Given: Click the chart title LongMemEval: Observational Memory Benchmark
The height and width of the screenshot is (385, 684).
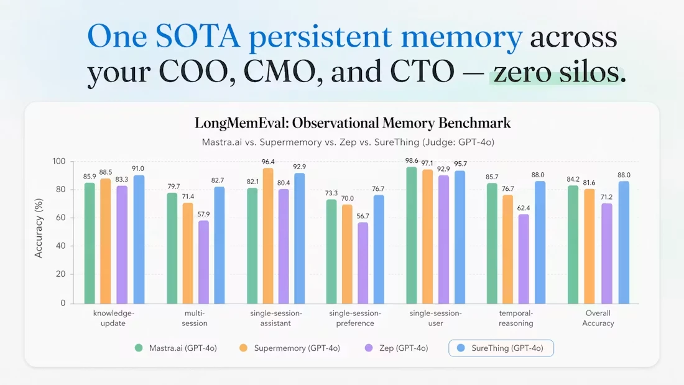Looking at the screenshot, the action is pos(353,124).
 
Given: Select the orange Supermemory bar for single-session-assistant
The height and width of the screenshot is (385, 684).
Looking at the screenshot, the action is pos(268,236).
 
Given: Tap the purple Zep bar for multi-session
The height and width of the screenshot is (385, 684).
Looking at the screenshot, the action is pos(204,262).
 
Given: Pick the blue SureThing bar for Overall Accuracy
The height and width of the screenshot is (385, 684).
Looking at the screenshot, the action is pos(624,243).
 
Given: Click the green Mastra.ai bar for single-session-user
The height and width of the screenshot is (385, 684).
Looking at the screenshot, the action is pos(412,235).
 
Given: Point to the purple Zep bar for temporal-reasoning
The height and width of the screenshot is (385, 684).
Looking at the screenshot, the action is pos(524,259).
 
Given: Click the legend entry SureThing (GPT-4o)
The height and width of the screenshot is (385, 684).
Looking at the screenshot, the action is pos(501,348).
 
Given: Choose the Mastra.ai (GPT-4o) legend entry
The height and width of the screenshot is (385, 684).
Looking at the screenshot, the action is pos(176,348).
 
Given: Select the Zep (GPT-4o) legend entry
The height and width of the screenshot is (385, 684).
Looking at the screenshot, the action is pos(397,348).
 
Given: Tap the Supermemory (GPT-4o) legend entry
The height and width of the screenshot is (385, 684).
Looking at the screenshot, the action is pos(290,348).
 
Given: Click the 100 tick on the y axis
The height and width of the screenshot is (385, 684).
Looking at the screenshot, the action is pos(59,162).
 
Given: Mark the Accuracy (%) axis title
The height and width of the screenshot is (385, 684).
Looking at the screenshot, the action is pos(39,228).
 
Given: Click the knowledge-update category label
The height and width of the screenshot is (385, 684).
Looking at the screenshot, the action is pos(113,318).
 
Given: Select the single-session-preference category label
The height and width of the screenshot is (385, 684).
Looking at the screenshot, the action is pos(355,318).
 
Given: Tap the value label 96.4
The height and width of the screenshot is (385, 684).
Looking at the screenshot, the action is pos(268,162).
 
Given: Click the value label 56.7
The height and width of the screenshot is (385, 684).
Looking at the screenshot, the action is pos(363,216).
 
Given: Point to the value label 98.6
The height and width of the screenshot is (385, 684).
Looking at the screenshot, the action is pos(412,160).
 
